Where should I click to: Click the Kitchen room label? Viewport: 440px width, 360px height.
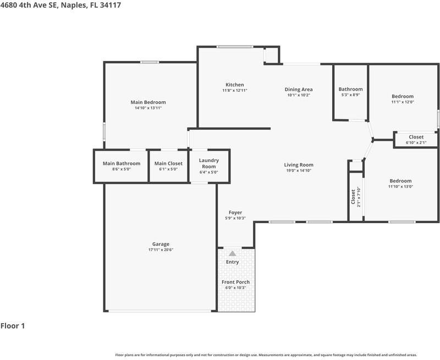click(235, 85)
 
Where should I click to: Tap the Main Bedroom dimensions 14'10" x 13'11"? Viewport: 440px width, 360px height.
click(148, 108)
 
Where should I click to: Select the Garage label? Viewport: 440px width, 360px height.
click(161, 244)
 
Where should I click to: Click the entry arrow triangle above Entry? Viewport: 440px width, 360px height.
click(232, 253)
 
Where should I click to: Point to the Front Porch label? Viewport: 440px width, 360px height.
click(235, 282)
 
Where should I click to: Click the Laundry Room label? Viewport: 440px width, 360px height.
click(209, 163)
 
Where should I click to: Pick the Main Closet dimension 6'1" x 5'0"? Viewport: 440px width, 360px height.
click(168, 169)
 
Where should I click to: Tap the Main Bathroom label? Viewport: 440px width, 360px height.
click(122, 163)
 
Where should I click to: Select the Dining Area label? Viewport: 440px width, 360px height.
click(299, 90)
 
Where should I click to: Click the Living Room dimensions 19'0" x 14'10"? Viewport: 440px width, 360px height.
click(299, 170)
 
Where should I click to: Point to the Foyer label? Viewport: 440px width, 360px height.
click(235, 213)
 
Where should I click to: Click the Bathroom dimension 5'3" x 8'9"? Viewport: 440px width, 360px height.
click(350, 95)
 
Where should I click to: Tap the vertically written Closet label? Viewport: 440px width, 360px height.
click(353, 197)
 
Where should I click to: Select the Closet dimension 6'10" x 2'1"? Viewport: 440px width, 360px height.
click(416, 142)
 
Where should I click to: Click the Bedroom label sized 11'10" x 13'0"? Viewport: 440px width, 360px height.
click(400, 181)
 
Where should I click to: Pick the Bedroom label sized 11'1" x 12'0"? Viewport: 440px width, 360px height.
click(403, 96)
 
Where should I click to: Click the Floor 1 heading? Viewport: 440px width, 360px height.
click(13, 326)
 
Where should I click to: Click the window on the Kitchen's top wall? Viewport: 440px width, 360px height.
click(235, 47)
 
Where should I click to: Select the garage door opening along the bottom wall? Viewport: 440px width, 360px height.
click(159, 311)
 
